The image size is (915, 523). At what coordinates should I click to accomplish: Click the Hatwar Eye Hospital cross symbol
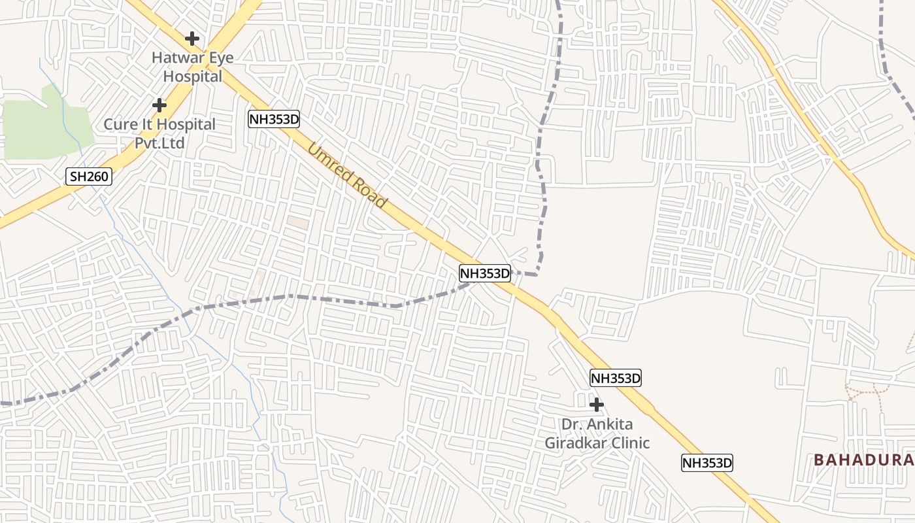pos(191,39)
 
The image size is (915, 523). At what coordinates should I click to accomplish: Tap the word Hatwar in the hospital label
pos(175,58)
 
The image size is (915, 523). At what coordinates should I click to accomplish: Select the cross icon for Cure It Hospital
pos(159,105)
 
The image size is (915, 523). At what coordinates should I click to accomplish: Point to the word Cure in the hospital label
pos(122,124)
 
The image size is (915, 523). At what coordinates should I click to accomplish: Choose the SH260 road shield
pos(90,176)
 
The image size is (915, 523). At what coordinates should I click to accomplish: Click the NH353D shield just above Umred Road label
pos(274,119)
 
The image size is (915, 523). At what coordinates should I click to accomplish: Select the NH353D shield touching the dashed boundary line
pos(484,273)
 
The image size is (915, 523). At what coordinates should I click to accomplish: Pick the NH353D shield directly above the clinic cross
pos(615,378)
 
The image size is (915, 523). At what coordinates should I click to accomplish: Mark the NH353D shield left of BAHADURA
pos(707,463)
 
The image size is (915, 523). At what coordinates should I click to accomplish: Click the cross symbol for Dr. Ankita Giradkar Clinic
pos(596,404)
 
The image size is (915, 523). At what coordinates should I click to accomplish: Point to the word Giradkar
pos(576,443)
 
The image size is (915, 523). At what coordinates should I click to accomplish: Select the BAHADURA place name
pos(863,460)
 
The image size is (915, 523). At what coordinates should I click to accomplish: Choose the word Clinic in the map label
pos(630,443)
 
